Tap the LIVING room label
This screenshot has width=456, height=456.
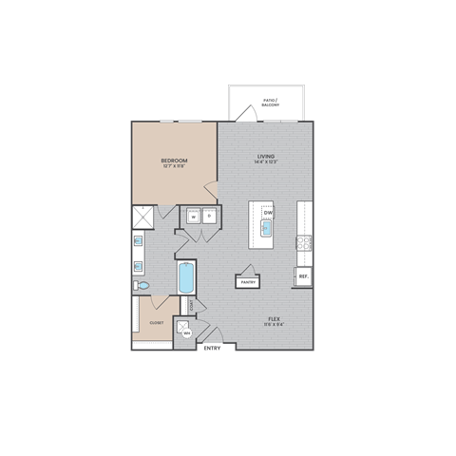[x=265, y=156]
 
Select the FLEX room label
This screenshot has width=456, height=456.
[x=275, y=317]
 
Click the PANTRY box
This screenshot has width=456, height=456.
[x=249, y=281]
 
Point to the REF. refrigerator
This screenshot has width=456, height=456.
[x=303, y=276]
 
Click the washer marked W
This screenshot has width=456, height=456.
[x=193, y=217]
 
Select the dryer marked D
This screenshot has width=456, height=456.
[x=209, y=217]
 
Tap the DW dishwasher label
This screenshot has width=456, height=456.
[x=269, y=213]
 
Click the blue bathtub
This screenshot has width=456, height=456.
[x=185, y=277]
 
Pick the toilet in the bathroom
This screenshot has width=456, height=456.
[x=142, y=284]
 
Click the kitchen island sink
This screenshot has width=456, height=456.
[x=268, y=228]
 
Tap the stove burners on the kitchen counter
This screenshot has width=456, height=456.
[x=305, y=242]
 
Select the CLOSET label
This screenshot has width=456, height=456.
[x=156, y=323]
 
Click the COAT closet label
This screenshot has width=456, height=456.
[x=192, y=306]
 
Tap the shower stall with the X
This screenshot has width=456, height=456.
[x=143, y=218]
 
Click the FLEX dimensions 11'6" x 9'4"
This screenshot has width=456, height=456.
[x=275, y=324]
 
